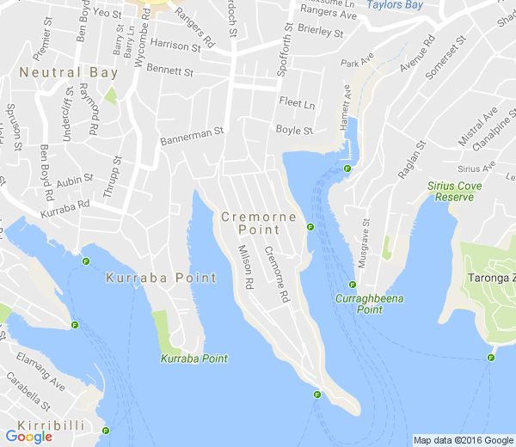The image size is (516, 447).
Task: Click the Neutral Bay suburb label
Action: [x=69, y=74]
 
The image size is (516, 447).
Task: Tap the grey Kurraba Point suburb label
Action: [x=161, y=279]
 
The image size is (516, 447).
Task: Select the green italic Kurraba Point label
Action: [x=194, y=358]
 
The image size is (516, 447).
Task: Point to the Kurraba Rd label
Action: [x=64, y=207]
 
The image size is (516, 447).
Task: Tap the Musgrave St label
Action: [x=364, y=244]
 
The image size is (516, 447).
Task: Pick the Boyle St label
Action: [x=294, y=130]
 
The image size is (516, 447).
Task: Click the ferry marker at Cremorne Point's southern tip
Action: [x=317, y=395]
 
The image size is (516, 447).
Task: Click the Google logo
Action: [x=28, y=436]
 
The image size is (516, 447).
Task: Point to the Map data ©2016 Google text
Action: [x=462, y=440]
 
